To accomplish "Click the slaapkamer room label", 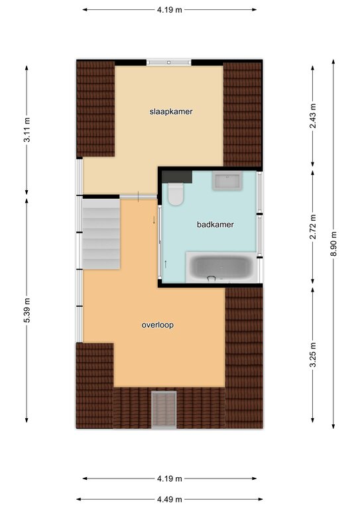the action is click(x=171, y=111).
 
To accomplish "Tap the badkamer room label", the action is click(x=215, y=224).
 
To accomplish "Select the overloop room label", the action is click(x=157, y=325).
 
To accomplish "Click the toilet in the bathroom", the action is click(x=175, y=194).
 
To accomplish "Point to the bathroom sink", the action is click(x=227, y=180).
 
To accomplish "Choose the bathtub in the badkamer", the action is click(x=222, y=267).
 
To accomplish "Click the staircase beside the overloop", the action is click(x=101, y=234).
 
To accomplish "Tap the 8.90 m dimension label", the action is click(x=333, y=244).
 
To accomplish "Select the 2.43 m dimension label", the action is click(x=313, y=116).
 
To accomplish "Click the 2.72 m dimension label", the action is click(x=313, y=227).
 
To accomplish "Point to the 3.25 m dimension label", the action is click(x=313, y=355).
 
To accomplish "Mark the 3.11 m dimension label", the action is click(x=27, y=130).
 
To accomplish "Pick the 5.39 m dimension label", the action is click(x=27, y=310).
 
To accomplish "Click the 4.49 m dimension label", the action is click(x=170, y=499).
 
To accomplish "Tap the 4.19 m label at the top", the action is click(x=170, y=10).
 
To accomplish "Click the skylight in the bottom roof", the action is click(x=164, y=410).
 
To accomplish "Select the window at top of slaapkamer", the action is click(x=168, y=62).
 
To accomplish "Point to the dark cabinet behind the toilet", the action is click(x=177, y=177).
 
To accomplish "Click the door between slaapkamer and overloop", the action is click(x=139, y=196).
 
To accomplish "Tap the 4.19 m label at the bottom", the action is click(x=170, y=479).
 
